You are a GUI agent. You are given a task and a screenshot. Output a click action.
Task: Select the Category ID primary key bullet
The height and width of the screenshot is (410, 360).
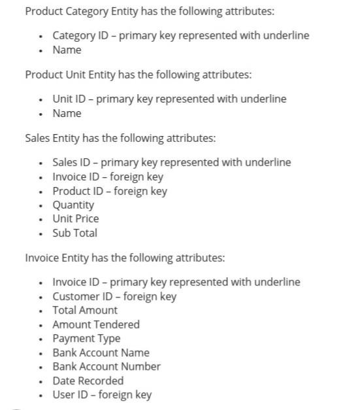pyautogui.click(x=180, y=35)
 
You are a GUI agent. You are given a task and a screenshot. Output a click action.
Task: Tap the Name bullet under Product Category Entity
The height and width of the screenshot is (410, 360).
pyautogui.click(x=67, y=50)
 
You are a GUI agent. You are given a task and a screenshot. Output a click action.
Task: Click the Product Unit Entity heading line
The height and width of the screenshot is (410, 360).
pyautogui.click(x=138, y=75)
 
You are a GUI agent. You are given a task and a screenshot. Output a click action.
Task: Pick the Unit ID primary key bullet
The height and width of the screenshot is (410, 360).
pyautogui.click(x=169, y=99)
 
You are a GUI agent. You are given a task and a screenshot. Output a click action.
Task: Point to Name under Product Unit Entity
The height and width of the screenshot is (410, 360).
pyautogui.click(x=67, y=113)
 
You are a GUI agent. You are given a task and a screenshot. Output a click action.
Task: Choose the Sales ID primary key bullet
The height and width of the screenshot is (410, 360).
pyautogui.click(x=171, y=162)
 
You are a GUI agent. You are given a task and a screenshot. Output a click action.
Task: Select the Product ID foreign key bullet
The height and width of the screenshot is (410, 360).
pyautogui.click(x=109, y=191)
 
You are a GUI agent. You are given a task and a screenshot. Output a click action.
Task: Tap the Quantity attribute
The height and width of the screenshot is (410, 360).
pyautogui.click(x=73, y=205)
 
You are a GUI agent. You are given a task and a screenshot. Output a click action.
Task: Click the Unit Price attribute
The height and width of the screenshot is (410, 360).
pyautogui.click(x=76, y=218)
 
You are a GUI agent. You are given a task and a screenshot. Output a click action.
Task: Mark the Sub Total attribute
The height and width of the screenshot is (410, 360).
pyautogui.click(x=74, y=233)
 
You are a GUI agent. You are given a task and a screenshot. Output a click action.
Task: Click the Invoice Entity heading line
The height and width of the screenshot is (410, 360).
pyautogui.click(x=125, y=258)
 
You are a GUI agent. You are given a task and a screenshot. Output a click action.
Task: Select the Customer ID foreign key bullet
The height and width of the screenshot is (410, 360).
pyautogui.click(x=114, y=296)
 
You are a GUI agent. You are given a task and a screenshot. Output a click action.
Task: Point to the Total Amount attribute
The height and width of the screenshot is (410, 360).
pyautogui.click(x=85, y=310)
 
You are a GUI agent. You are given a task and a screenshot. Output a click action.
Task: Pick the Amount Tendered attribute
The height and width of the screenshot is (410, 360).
pyautogui.click(x=95, y=324)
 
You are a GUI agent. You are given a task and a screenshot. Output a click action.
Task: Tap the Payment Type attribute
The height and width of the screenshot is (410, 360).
pyautogui.click(x=86, y=338)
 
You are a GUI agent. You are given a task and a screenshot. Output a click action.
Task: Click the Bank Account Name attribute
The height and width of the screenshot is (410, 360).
pyautogui.click(x=101, y=352)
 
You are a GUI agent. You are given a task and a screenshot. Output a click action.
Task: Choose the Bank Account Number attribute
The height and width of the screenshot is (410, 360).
pyautogui.click(x=106, y=366)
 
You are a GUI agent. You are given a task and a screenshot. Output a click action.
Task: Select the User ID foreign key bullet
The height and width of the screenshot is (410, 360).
pyautogui.click(x=102, y=394)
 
